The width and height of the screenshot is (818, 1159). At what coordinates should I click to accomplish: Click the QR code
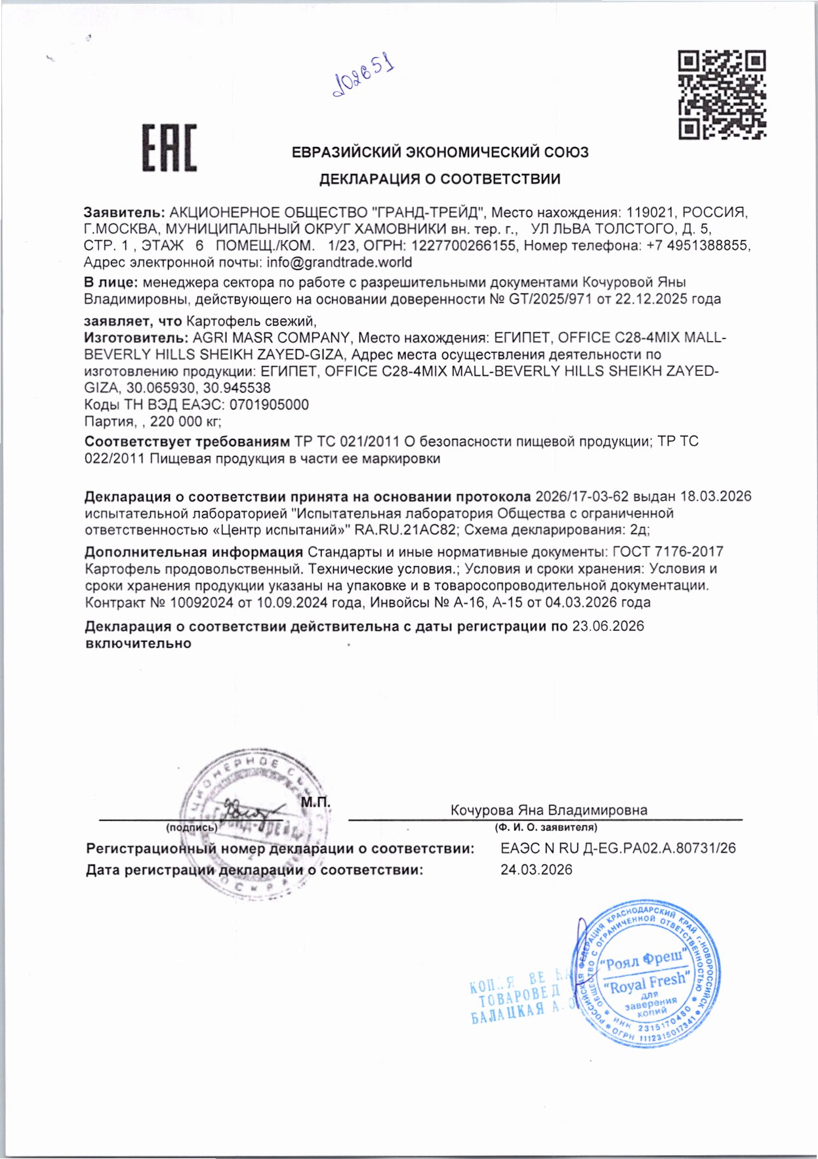(x=722, y=94)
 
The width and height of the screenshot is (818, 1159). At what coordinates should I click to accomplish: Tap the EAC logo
(x=170, y=148)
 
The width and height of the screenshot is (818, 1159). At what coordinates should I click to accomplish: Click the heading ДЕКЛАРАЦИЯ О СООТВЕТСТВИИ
(x=440, y=179)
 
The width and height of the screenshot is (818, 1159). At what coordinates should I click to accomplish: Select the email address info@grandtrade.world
(x=339, y=262)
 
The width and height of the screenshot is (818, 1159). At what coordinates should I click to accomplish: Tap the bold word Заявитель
(x=124, y=213)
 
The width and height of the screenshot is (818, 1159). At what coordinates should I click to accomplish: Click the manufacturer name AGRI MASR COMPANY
(x=271, y=338)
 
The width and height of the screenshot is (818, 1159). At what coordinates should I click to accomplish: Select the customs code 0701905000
(x=270, y=405)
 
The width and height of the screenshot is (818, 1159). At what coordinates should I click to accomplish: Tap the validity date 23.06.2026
(x=608, y=626)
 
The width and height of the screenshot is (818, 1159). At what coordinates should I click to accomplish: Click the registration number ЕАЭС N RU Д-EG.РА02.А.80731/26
(x=618, y=848)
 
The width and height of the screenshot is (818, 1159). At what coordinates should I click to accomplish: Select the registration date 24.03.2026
(x=536, y=870)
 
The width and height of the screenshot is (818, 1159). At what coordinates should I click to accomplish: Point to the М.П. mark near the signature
(x=316, y=803)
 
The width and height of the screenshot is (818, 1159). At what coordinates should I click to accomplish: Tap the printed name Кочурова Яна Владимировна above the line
(x=548, y=810)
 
